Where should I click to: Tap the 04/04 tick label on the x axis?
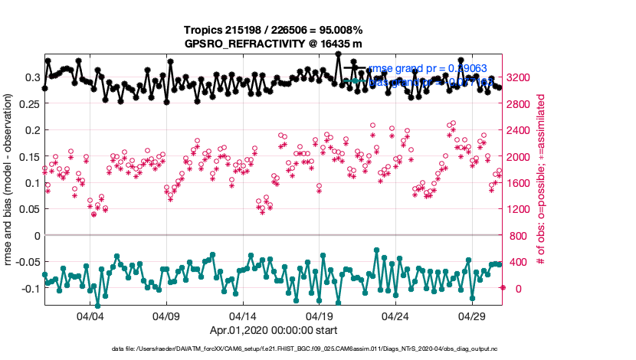point(90,316)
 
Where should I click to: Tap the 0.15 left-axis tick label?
point(28,156)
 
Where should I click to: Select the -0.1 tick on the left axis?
point(28,288)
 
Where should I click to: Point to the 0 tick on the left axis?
point(36,235)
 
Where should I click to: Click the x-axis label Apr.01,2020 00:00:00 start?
point(274,331)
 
